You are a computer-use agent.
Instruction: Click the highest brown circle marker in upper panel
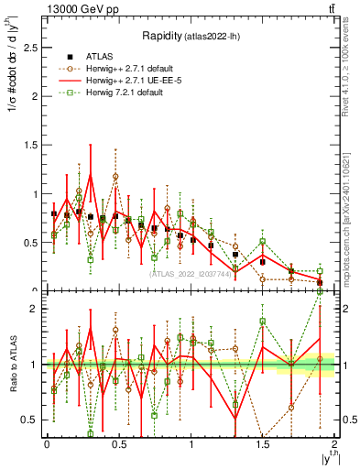point(115,176)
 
